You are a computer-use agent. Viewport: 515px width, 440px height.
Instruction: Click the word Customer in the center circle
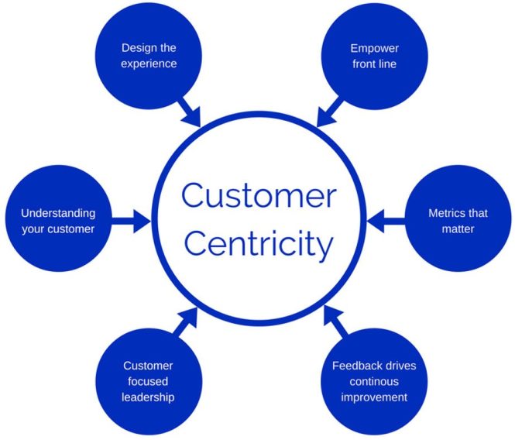[x=259, y=196]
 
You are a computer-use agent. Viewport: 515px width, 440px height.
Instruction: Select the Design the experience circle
[x=149, y=56]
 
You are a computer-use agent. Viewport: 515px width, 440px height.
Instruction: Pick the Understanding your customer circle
[x=57, y=220]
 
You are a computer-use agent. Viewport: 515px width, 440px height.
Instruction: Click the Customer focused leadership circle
[x=149, y=381]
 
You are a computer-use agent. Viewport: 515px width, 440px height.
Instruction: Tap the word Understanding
[x=57, y=212]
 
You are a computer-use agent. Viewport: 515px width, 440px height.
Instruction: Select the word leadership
[x=148, y=397]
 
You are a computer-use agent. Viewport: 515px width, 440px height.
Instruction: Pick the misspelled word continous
[x=373, y=381]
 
